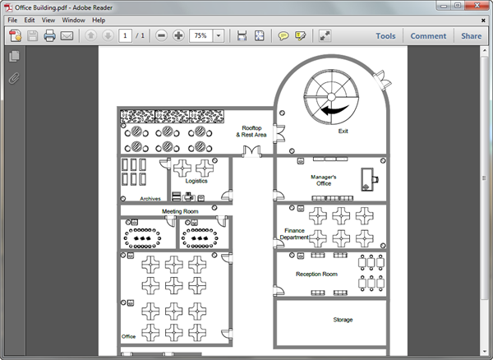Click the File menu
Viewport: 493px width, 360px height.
(x=12, y=20)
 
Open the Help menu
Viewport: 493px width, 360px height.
(x=99, y=20)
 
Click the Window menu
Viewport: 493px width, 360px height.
(x=73, y=20)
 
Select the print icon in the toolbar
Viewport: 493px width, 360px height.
(x=49, y=36)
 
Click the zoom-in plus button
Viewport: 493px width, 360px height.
(x=178, y=36)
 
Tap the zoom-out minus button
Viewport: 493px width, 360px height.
(x=161, y=36)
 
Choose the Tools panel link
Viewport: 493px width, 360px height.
(x=385, y=36)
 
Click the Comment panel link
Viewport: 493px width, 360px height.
(x=428, y=36)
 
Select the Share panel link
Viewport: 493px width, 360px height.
(x=471, y=36)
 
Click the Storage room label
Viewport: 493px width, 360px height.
(x=343, y=320)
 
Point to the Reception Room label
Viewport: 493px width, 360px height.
(x=316, y=275)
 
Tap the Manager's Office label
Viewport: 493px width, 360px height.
(x=324, y=180)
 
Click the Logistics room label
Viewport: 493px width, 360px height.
(x=196, y=181)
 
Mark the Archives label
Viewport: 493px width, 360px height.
(x=150, y=199)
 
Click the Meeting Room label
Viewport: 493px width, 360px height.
(x=180, y=211)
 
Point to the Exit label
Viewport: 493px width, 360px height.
(x=343, y=131)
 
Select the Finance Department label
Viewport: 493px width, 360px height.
(x=295, y=234)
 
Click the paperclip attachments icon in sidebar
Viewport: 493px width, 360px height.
(x=14, y=79)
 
